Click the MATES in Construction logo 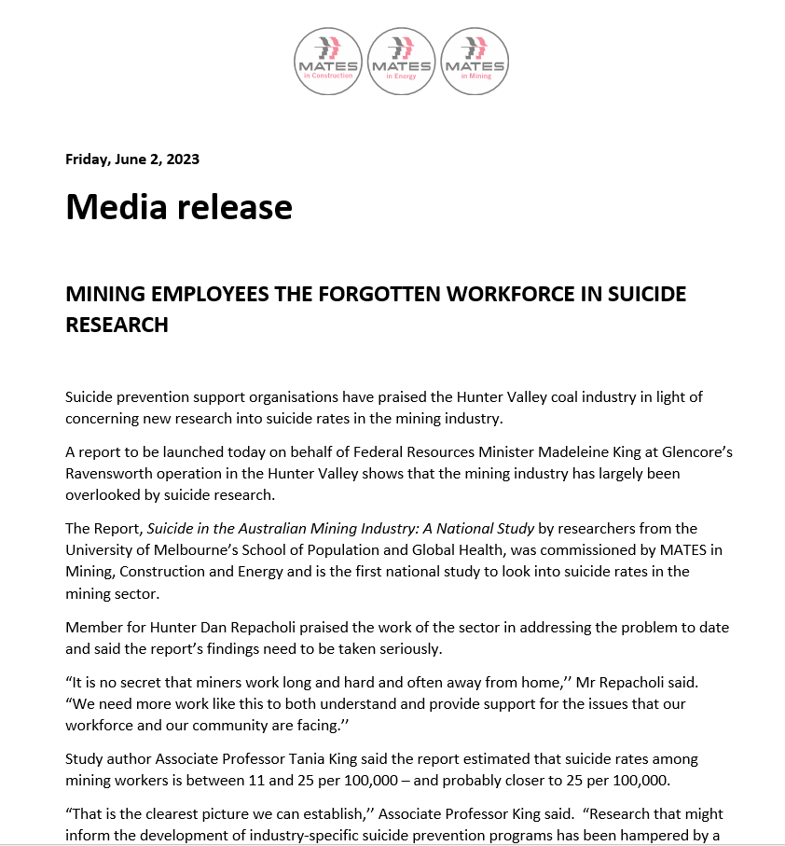pyautogui.click(x=328, y=61)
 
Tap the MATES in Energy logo pyautogui.click(x=401, y=61)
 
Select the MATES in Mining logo pyautogui.click(x=475, y=61)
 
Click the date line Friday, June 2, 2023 pyautogui.click(x=132, y=159)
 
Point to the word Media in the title pyautogui.click(x=115, y=206)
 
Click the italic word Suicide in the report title pyautogui.click(x=173, y=529)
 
